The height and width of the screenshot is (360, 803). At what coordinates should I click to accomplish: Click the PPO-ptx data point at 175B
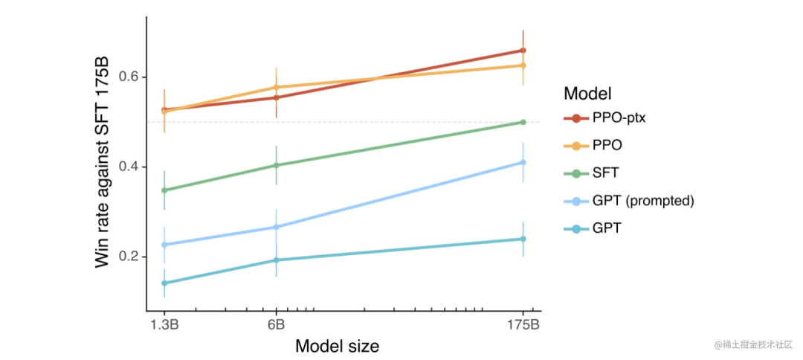[523, 51]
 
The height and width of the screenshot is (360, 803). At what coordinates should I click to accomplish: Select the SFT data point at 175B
[523, 122]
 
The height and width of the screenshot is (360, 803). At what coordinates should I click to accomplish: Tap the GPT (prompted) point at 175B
[523, 162]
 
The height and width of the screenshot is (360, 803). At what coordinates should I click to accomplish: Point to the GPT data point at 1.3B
[164, 283]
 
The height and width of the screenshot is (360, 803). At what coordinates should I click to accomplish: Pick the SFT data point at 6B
[276, 165]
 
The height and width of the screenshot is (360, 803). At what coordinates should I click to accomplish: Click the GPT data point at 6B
[276, 260]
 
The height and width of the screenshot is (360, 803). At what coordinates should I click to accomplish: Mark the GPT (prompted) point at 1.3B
[164, 245]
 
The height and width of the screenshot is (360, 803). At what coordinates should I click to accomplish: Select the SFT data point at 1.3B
[164, 190]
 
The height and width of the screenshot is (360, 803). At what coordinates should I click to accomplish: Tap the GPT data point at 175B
[523, 239]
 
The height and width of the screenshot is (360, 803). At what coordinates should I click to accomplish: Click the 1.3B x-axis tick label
[164, 325]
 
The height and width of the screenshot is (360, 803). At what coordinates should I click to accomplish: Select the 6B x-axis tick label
[276, 325]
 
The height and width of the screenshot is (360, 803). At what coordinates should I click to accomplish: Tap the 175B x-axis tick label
[523, 325]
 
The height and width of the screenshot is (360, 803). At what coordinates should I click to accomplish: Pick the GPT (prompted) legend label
[643, 201]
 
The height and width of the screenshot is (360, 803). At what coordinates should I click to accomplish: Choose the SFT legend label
[606, 173]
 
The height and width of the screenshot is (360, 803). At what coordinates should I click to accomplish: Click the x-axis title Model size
[337, 347]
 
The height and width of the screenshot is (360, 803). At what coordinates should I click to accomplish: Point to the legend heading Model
[587, 94]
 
